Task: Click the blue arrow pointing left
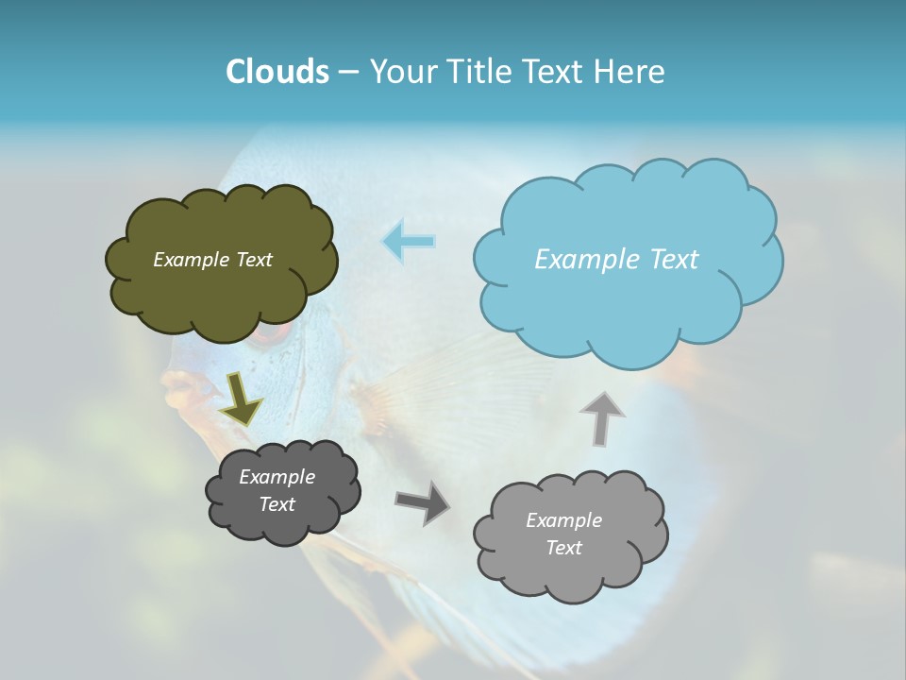[x=409, y=241]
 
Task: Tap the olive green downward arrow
[x=242, y=398]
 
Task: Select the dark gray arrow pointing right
[x=422, y=501]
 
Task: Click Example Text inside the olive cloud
[x=212, y=260]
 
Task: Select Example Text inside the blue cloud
[x=616, y=260]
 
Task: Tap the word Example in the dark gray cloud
[x=277, y=477]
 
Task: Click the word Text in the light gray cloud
[x=563, y=548]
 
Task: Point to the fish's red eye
[x=268, y=332]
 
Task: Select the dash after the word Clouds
[x=347, y=73]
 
